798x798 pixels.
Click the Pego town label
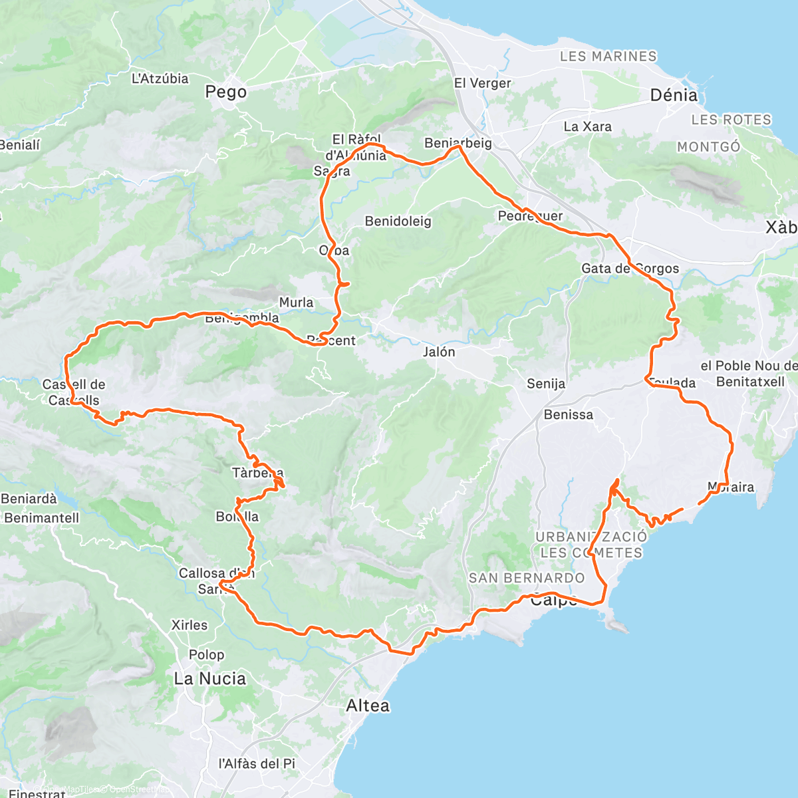(x=225, y=92)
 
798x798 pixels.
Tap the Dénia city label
(x=674, y=95)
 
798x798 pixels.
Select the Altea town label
(x=368, y=706)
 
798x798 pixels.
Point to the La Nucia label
(x=209, y=679)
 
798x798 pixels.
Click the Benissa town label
(x=568, y=414)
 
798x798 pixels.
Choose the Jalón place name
(x=439, y=352)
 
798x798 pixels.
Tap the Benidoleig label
(x=398, y=221)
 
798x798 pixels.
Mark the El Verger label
(x=482, y=83)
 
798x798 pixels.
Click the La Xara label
(x=587, y=126)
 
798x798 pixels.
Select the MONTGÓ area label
(x=708, y=146)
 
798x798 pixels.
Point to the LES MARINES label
(x=608, y=57)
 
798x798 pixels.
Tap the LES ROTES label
(x=731, y=120)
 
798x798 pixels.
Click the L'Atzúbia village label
(x=160, y=78)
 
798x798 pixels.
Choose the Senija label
(x=546, y=384)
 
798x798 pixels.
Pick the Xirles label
(x=189, y=625)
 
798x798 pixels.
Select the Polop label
(x=206, y=655)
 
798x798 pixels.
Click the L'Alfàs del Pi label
(x=257, y=763)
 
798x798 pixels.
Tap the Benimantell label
(x=41, y=517)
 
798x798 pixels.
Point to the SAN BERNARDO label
(x=526, y=578)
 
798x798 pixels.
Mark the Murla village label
(x=296, y=303)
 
